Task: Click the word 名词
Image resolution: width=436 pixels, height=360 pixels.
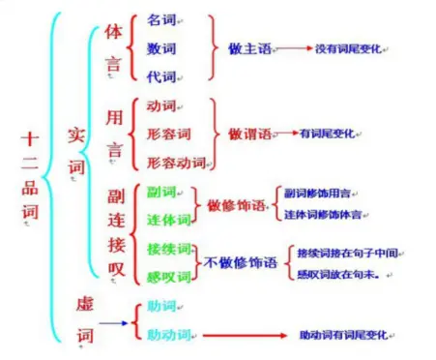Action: pos(160,19)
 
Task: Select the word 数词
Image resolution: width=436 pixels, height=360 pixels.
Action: pos(160,46)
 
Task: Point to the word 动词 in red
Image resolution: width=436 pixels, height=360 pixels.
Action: pos(160,105)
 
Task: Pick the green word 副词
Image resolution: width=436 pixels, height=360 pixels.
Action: pos(160,194)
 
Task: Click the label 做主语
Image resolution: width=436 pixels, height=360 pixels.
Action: pos(247,46)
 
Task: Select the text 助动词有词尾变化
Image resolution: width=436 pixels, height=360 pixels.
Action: pos(346,335)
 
